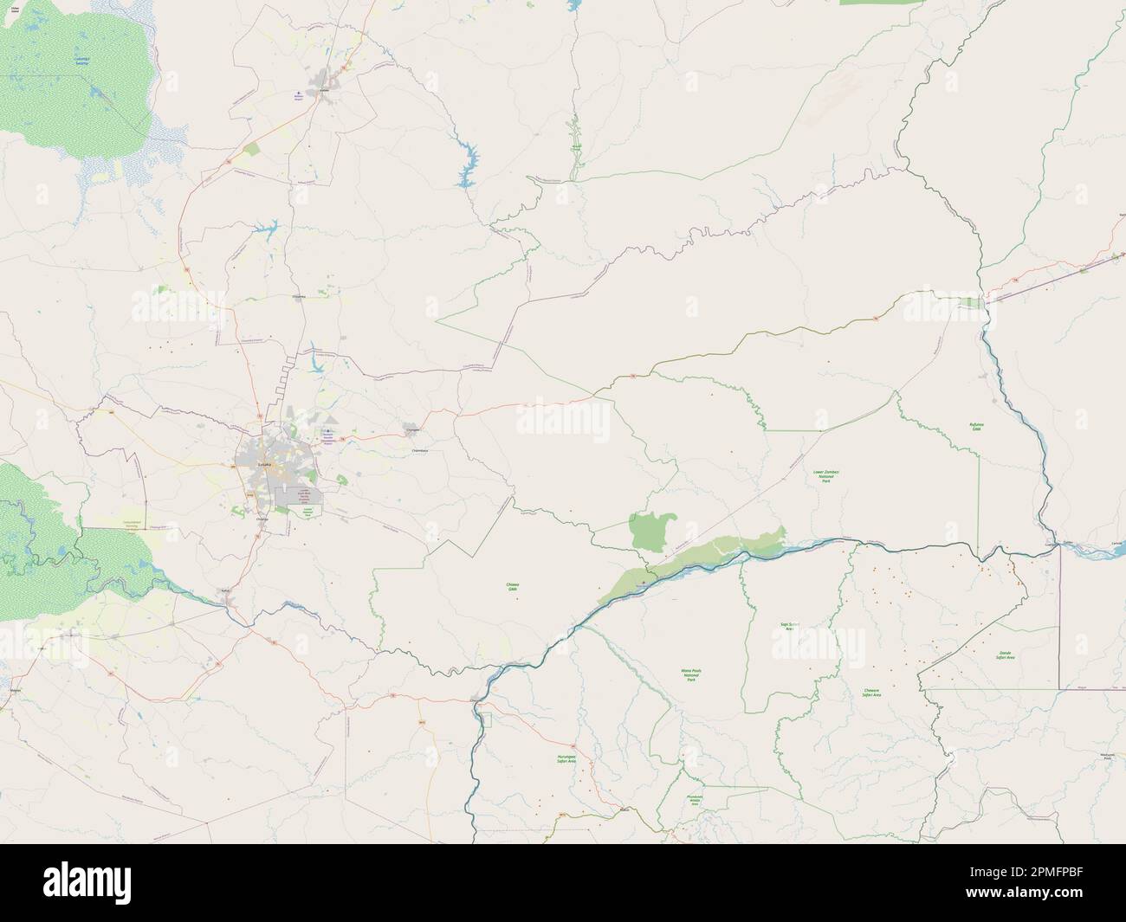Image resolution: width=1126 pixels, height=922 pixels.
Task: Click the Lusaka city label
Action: (x=265, y=465)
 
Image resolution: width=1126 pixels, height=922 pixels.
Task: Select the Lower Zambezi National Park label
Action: (x=825, y=474)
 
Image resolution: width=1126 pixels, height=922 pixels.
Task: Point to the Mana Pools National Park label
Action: (x=690, y=674)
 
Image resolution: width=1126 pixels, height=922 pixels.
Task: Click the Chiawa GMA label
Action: (x=513, y=587)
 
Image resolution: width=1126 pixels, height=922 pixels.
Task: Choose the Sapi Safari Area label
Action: (x=787, y=625)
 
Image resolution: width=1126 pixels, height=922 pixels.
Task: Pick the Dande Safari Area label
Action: (x=1006, y=654)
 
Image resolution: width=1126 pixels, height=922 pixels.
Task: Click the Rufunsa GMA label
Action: (x=976, y=426)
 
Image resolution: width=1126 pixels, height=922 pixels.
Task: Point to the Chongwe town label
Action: (x=413, y=429)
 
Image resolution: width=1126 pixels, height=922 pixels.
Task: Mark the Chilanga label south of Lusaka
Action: (x=264, y=518)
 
